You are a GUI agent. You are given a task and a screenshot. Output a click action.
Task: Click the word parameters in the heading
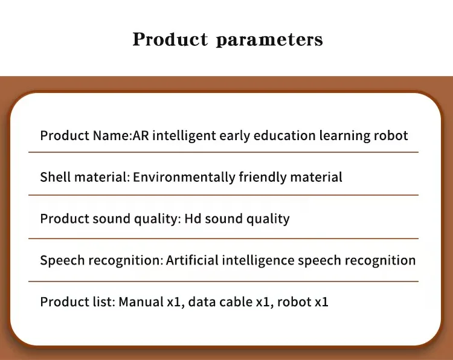tap(269, 40)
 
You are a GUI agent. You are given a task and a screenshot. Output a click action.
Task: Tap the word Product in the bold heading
tap(170, 39)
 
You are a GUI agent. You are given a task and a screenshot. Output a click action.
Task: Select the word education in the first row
tap(284, 135)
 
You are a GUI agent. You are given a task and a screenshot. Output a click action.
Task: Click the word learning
tap(345, 136)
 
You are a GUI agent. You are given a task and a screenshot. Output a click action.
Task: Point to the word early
tap(234, 136)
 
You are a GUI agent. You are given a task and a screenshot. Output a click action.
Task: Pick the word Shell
tap(56, 177)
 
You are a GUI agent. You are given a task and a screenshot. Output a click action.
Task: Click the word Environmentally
tap(184, 178)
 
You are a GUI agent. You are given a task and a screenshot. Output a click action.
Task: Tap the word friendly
tap(263, 178)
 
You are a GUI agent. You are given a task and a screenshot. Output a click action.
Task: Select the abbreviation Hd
tap(193, 219)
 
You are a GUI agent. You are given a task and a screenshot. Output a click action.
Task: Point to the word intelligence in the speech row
tap(259, 260)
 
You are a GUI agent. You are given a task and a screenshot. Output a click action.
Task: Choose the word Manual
tap(141, 301)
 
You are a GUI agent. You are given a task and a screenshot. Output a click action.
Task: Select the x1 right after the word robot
tap(321, 302)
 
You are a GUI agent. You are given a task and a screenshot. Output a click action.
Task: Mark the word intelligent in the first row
tap(184, 136)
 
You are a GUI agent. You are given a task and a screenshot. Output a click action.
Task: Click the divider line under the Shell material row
tap(223, 195)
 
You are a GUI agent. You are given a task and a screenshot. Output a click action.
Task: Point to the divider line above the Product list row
tap(223, 281)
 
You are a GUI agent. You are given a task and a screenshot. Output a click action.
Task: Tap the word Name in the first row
tap(112, 135)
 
